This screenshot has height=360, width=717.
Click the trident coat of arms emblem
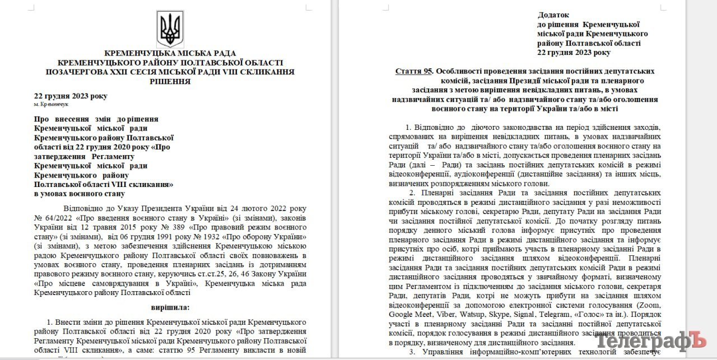(170, 28)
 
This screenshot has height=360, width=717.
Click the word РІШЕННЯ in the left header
(170, 81)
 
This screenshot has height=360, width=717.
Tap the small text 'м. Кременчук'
(51, 105)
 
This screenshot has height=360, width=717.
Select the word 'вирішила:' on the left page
(170, 307)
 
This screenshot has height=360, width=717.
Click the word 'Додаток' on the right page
(553, 15)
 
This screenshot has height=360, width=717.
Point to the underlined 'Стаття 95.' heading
(414, 71)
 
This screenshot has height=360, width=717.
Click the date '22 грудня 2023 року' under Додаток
(574, 53)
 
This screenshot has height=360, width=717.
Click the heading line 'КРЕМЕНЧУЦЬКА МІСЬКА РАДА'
(170, 53)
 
